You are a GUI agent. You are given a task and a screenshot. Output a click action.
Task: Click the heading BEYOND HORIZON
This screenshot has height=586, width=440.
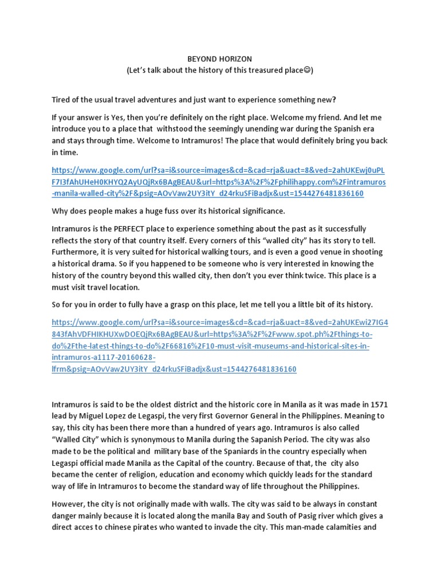click(220, 59)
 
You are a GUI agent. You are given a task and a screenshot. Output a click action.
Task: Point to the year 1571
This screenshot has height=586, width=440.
click(376, 405)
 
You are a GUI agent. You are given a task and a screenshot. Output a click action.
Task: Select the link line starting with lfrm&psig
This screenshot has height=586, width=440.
click(174, 369)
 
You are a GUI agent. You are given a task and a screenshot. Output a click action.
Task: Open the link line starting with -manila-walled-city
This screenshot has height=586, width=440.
click(207, 193)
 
